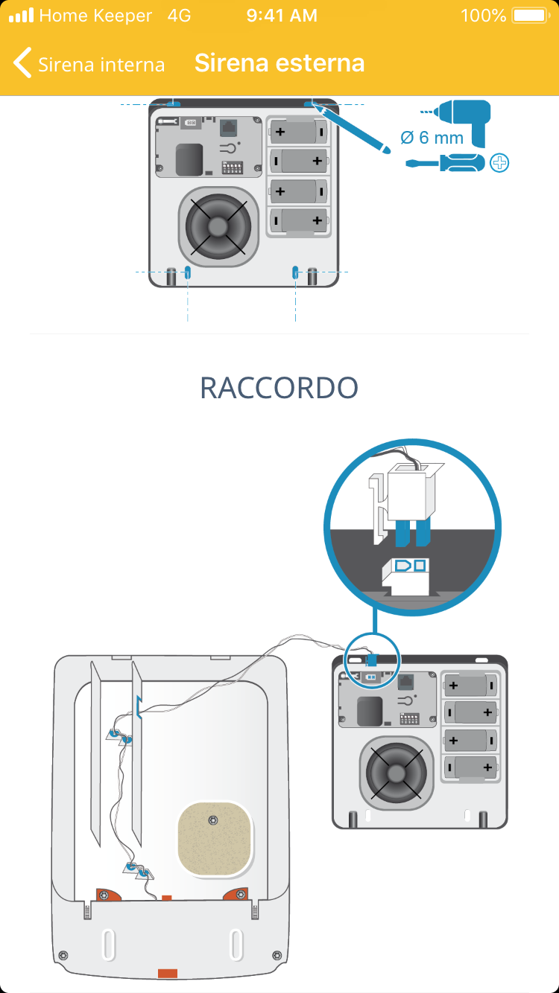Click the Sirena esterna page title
279,63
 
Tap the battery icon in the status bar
529,16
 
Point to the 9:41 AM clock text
282,16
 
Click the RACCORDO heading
279,388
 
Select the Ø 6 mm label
432,138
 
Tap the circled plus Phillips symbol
499,162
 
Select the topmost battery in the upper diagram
299,132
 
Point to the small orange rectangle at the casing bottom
167,972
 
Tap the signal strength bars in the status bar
21,16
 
